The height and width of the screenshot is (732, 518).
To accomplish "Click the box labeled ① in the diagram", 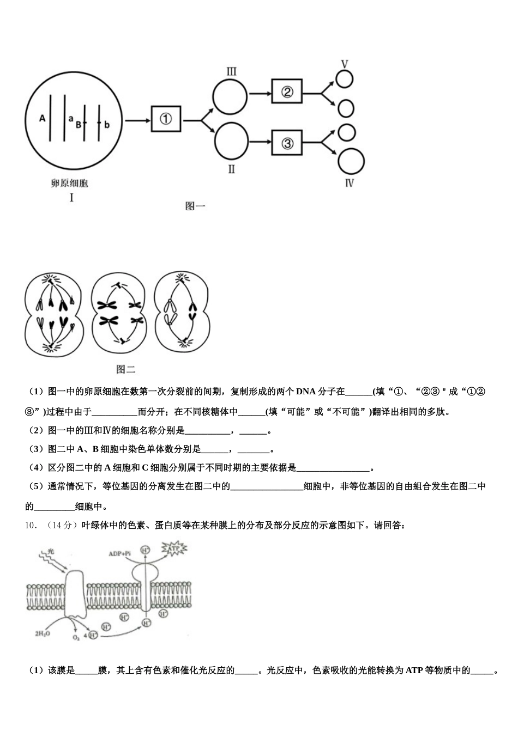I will pyautogui.click(x=166, y=118).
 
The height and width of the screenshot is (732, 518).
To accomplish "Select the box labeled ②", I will pyautogui.click(x=287, y=93).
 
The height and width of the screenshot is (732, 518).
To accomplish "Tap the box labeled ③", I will pyautogui.click(x=287, y=143).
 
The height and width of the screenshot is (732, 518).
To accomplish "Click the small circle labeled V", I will pyautogui.click(x=345, y=80).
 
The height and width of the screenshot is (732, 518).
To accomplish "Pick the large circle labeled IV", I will pyautogui.click(x=351, y=162).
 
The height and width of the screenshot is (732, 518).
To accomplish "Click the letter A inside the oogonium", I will pyautogui.click(x=42, y=118).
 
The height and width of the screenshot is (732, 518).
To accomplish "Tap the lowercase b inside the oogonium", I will pyautogui.click(x=107, y=125).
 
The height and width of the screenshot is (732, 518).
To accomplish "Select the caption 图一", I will pyautogui.click(x=195, y=206).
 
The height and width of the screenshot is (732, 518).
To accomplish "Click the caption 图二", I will pyautogui.click(x=125, y=369).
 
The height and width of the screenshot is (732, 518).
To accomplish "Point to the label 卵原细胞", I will pyautogui.click(x=70, y=184).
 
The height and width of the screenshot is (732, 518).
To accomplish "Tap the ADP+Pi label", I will pyautogui.click(x=119, y=553).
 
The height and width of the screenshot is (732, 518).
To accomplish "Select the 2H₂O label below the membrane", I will pyautogui.click(x=41, y=634).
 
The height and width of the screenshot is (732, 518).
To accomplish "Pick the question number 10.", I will pyautogui.click(x=31, y=526).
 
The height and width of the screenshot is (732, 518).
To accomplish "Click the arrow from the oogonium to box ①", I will pyautogui.click(x=138, y=119).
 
